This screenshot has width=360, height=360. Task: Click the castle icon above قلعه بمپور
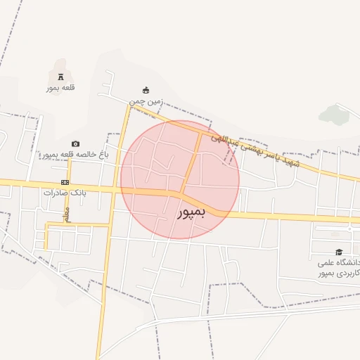[60, 76]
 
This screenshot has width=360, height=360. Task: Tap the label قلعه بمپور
[60, 88]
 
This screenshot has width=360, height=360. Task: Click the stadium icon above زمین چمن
[146, 90]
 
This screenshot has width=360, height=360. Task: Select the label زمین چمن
[146, 101]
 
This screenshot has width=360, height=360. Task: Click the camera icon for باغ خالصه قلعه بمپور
[75, 143]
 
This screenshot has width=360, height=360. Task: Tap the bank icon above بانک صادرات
[65, 182]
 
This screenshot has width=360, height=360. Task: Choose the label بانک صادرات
[65, 193]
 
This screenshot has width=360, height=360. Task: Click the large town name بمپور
[190, 212]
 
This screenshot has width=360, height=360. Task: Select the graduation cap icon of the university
[338, 252]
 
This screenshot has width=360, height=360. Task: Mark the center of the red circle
[180, 179]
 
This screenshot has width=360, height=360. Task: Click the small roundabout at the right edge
[349, 229]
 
